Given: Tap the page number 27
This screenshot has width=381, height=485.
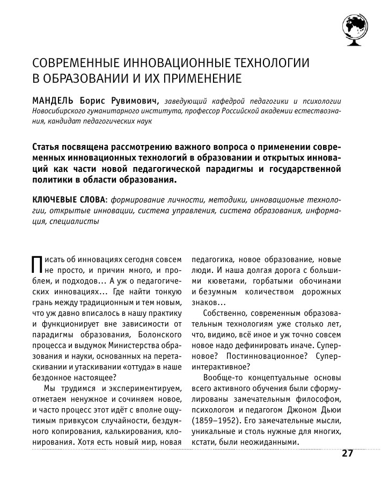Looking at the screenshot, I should click(x=347, y=453).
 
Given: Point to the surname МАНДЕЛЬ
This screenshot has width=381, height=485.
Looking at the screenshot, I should click(x=55, y=101).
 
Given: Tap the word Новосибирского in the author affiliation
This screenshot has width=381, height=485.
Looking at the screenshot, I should click(x=60, y=111).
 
